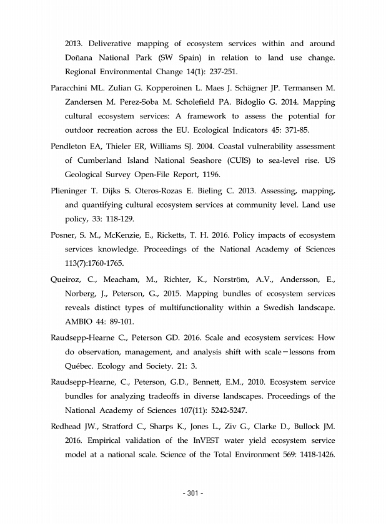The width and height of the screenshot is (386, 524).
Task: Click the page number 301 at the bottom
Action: [194, 494]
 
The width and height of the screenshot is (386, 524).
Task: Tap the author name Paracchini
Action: [72, 88]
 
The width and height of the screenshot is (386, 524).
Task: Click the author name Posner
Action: [64, 235]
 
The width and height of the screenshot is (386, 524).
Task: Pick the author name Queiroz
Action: [67, 279]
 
